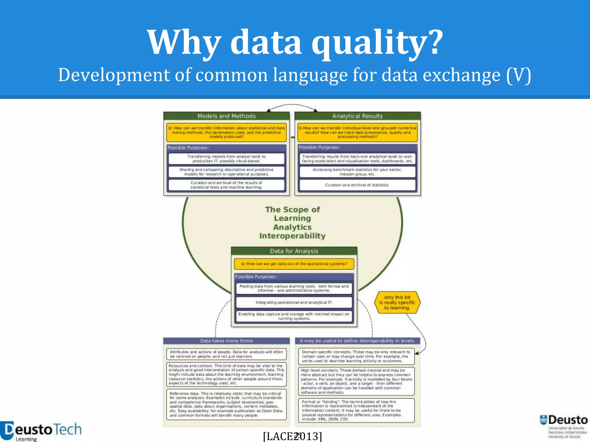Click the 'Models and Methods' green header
coord(226,116)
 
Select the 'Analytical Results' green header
coord(358,116)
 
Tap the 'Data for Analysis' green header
coord(294,251)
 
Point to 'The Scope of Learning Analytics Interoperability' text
coord(292,222)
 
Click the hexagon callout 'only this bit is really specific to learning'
coord(397,302)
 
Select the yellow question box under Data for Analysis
coord(294,264)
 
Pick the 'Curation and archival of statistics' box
coord(357,185)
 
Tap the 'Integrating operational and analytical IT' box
coord(294,302)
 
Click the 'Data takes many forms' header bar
coord(226,341)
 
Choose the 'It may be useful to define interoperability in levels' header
coord(357,341)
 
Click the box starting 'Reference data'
coord(226,404)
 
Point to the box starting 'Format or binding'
coord(357,410)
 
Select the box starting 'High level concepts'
coord(357,381)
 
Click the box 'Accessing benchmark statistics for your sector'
coord(357,172)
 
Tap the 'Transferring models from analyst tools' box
coord(226,159)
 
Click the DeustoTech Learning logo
coord(40,431)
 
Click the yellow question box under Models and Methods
coord(226,132)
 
